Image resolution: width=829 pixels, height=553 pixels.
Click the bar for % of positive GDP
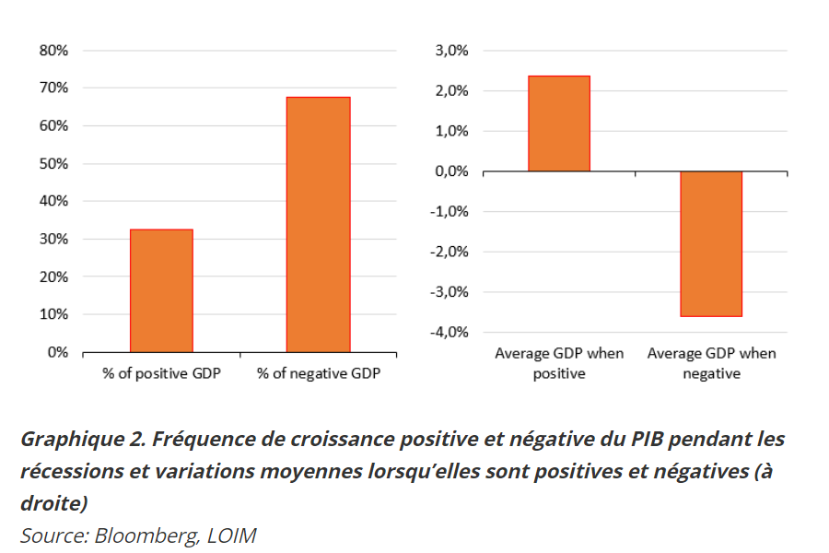(161, 290)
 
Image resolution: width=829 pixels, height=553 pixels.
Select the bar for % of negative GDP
(318, 224)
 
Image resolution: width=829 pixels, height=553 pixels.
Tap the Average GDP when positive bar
(559, 124)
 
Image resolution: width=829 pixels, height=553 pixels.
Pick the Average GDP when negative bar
(711, 243)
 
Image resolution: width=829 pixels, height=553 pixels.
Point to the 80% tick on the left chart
(53, 51)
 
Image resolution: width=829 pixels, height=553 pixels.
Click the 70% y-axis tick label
(53, 88)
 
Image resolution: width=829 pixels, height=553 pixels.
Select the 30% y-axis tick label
(53, 239)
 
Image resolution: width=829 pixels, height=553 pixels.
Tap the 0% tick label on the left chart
(57, 352)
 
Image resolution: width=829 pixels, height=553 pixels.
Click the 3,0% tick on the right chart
(450, 51)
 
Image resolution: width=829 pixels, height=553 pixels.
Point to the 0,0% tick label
(450, 171)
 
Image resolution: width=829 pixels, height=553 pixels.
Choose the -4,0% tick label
(448, 332)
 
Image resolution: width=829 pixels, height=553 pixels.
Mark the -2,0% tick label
(448, 252)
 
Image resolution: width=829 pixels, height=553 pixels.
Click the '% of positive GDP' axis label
(161, 374)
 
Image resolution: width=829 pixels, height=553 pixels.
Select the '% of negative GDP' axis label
(318, 374)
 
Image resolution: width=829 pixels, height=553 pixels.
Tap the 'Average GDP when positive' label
(559, 363)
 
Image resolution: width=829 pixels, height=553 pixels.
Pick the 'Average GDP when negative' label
(711, 363)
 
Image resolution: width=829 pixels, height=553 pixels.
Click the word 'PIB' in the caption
(650, 438)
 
